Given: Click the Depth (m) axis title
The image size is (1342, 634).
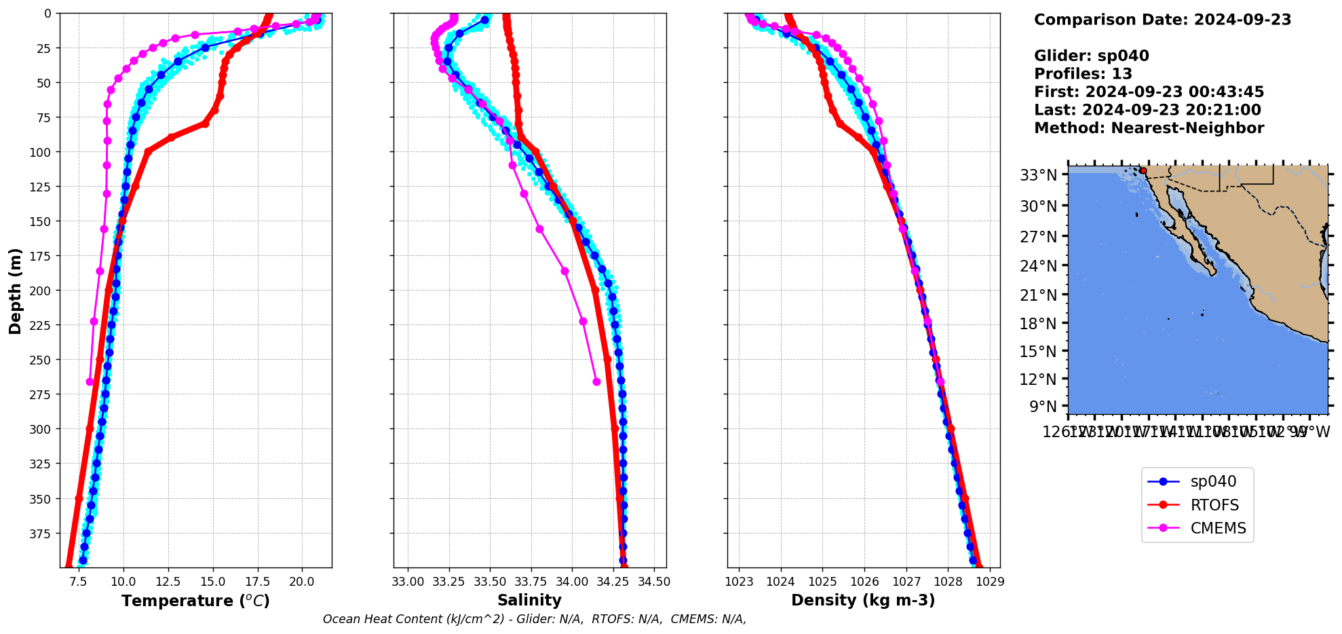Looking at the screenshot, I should (15, 291).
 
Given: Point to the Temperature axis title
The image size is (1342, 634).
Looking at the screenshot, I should (195, 601).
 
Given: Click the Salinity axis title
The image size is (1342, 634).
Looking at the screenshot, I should (529, 600).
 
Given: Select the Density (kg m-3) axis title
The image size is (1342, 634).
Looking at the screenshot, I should (863, 600).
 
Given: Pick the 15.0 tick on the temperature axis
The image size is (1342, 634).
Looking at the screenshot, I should (213, 582).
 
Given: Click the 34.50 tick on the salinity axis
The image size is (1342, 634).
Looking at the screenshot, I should (654, 582).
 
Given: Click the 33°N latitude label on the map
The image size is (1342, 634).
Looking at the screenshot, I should (1039, 175).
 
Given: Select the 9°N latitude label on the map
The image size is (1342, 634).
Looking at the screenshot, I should (1043, 407).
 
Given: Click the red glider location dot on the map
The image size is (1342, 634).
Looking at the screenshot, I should (1143, 171).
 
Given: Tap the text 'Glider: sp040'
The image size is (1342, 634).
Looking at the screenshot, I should (1091, 56).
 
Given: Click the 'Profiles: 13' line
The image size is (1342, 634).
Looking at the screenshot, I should (1083, 74).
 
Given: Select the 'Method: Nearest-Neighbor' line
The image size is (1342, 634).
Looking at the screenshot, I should (1149, 128).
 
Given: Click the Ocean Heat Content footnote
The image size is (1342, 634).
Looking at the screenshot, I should (535, 619).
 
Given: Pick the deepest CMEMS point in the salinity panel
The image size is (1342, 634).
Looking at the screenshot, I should (596, 381).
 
